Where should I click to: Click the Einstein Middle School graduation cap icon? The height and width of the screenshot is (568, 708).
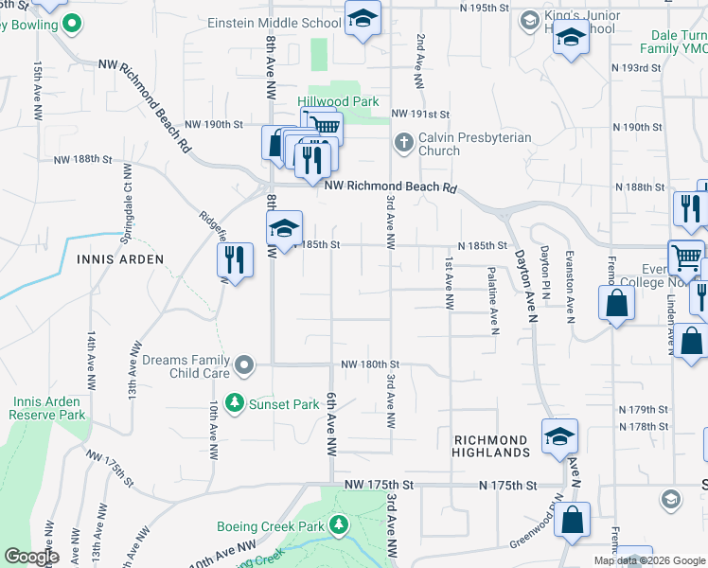point(363,19)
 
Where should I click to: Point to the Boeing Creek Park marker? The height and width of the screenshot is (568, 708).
point(339,525)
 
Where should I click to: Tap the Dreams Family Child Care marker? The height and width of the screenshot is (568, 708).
point(245,364)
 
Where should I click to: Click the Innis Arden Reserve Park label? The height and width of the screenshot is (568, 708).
point(49,408)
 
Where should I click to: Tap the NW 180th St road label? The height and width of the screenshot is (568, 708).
point(370,364)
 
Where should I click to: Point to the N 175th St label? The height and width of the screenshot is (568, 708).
point(507,486)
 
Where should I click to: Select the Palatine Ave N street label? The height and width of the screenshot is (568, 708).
point(493,300)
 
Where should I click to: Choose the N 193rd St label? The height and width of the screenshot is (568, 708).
point(636,68)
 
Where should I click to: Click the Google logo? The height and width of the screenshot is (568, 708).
point(31,557)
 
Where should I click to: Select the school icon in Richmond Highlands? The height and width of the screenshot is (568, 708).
point(559,436)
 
